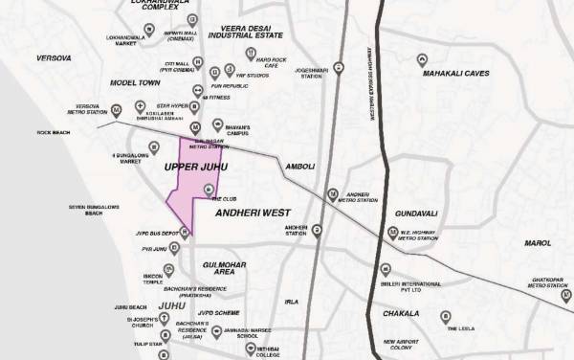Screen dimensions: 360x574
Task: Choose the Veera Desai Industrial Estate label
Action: tap(254, 36)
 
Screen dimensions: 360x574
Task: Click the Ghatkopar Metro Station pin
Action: tap(562, 272)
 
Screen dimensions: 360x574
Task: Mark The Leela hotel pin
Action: tap(445, 316)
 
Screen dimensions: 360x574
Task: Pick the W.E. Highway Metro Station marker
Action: tap(392, 233)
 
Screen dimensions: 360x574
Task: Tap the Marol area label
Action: tap(538, 243)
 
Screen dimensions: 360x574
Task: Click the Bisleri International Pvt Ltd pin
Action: tap(385, 271)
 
